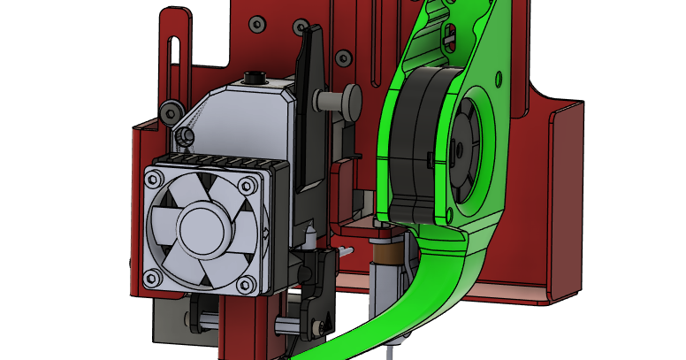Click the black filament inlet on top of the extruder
coord(254,77)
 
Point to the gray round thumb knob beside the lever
coord(351,101)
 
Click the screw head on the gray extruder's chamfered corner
coord(186,135)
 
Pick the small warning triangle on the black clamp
coord(266,234)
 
